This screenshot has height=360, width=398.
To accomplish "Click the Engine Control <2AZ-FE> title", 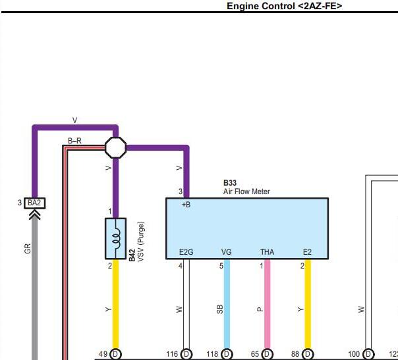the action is click(284, 6).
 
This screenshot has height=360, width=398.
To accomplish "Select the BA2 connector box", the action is click(35, 203).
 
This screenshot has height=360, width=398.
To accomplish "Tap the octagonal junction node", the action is click(115, 147).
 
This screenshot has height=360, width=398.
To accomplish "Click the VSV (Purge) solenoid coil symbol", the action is click(115, 238).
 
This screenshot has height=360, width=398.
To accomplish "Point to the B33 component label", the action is click(230, 183).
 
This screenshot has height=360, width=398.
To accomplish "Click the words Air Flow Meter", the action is click(246, 192).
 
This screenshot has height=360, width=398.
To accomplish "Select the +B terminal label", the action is click(186, 205).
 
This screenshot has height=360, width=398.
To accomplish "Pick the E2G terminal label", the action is click(186, 252).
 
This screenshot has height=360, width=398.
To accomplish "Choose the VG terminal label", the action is click(227, 252).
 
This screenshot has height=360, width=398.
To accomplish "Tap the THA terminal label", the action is click(267, 252).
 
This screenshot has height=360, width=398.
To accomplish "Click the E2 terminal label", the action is click(307, 252).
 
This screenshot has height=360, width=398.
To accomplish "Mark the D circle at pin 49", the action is click(115, 354).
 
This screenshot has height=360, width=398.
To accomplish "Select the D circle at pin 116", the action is click(186, 354).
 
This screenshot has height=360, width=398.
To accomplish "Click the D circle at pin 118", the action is click(227, 354).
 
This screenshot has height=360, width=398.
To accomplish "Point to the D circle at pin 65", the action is click(267, 354).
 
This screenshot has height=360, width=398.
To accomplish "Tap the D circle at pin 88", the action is click(308, 354).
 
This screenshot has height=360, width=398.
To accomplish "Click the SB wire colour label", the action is click(220, 309).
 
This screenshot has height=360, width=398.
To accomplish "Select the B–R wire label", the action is click(74, 141).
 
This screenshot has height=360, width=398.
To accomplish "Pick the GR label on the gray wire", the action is click(28, 249).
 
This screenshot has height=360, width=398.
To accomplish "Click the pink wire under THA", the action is click(267, 303).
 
